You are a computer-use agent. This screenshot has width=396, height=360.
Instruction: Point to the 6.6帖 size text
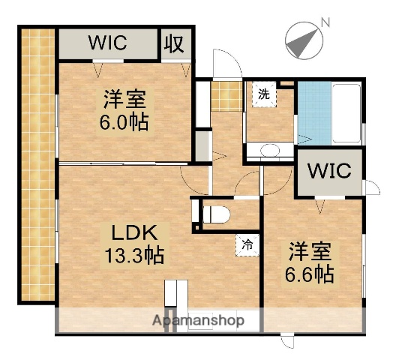pos(307,274)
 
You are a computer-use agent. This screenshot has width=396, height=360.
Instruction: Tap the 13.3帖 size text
pos(133,255)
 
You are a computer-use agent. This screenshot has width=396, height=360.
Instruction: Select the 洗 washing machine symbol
pos(264,95)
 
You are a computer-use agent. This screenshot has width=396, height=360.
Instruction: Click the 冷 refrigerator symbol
pos(247,244)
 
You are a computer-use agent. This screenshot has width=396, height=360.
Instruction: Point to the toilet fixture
pos(215,213)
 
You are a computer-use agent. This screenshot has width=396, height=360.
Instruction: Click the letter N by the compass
pos(324,22)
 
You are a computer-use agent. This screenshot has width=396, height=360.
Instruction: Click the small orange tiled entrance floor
pos(223,96)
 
